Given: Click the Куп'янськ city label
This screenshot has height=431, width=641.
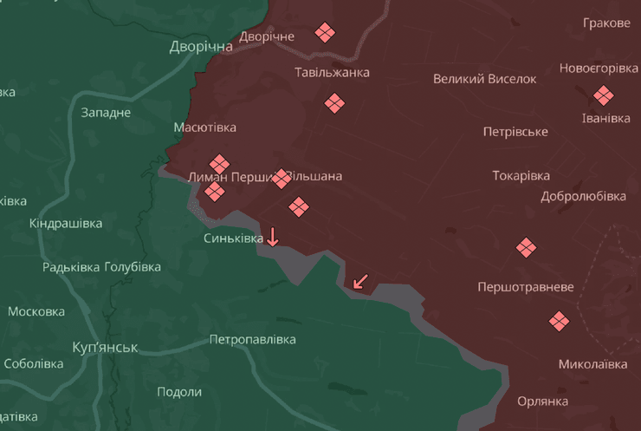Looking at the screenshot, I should click(x=105, y=348).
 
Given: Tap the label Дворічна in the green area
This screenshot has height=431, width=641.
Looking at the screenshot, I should click(x=201, y=46).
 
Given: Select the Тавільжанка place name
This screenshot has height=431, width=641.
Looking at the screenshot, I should click(x=332, y=72).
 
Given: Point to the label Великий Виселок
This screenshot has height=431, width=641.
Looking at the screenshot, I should click(x=485, y=79).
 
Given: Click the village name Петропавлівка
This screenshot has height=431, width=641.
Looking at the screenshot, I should click(x=252, y=340).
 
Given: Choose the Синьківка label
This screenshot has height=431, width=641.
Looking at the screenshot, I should click(x=234, y=238).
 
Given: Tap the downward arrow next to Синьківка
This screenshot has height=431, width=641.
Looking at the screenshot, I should click(x=273, y=236).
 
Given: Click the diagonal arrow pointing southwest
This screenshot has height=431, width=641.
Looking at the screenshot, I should click(x=360, y=281).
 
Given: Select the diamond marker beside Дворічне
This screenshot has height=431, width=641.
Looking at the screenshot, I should click(x=325, y=33).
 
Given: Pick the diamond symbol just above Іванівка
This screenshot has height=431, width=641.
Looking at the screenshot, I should click(x=603, y=95).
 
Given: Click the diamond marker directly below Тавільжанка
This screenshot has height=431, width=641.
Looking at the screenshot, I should click(x=334, y=104).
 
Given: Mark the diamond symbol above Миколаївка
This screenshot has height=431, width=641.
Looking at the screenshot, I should click(x=560, y=322).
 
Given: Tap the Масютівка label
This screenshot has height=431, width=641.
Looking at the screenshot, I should click(x=204, y=127).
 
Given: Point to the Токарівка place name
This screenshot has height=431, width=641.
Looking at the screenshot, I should click(x=521, y=175).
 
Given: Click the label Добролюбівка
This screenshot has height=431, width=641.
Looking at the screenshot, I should click(x=583, y=196).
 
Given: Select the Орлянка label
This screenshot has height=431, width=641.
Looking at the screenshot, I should click(x=542, y=401).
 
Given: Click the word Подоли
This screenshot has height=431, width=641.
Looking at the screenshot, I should click(x=179, y=391).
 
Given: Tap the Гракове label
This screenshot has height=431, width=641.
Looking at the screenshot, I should click(x=606, y=23).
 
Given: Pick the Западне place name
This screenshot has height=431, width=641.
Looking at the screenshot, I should click(x=106, y=112).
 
